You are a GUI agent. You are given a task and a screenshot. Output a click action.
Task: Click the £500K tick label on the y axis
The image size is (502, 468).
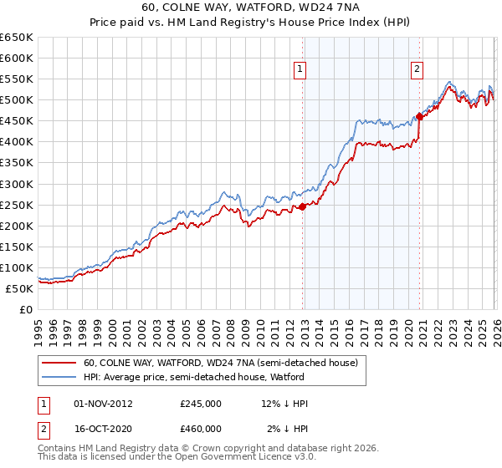click(x=16, y=100)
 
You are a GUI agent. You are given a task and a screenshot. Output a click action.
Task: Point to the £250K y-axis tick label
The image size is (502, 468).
click(x=16, y=205)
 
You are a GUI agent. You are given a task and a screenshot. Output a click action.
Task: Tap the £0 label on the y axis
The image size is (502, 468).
click(x=25, y=309)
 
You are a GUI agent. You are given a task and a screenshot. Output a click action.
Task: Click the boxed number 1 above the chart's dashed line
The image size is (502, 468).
click(x=300, y=70)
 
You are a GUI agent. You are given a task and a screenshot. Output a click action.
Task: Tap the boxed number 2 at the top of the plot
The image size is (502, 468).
click(x=417, y=70)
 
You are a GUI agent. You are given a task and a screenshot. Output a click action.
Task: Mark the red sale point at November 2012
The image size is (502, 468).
click(x=302, y=206)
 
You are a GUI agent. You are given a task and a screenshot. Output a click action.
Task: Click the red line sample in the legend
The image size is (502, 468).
click(x=59, y=363)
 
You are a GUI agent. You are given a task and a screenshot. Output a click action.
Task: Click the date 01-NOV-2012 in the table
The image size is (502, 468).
click(x=103, y=404)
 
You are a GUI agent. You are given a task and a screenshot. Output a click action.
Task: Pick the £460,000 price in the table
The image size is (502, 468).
click(x=201, y=430)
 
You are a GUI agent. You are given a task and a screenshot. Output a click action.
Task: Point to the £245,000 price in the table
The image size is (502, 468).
click(x=201, y=404)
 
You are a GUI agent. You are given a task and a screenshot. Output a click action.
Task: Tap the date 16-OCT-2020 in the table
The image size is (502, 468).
click(x=103, y=430)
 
